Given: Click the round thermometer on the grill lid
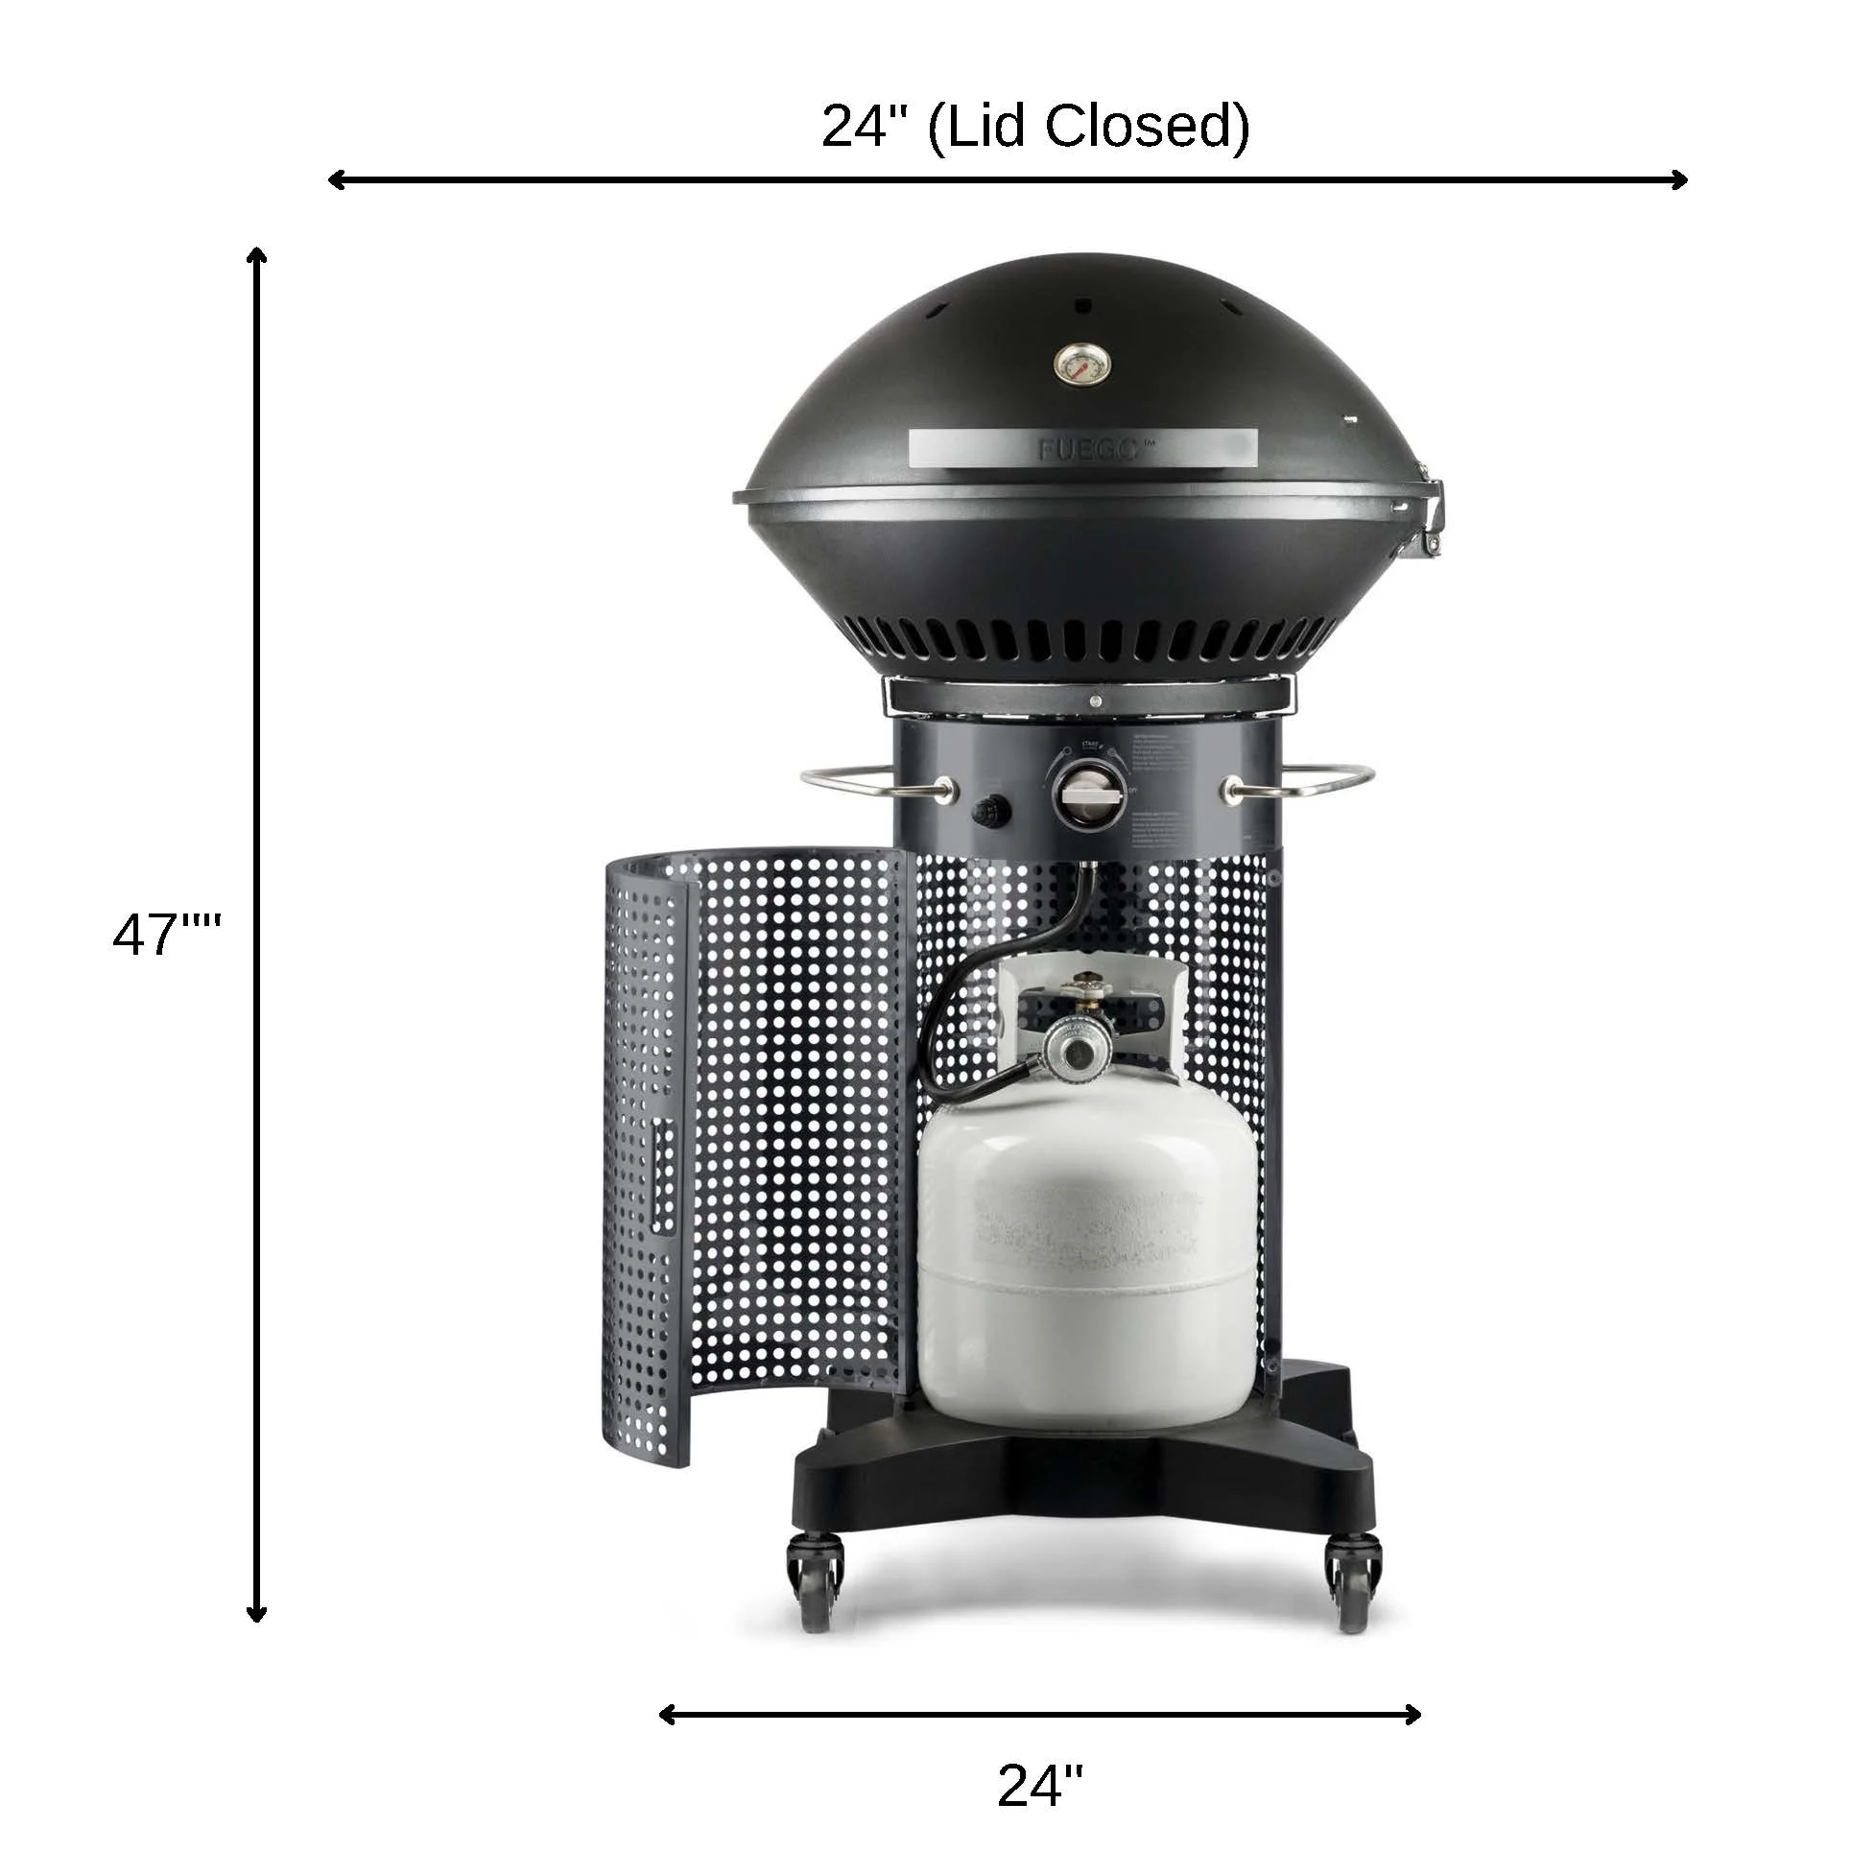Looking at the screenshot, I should (x=1082, y=364).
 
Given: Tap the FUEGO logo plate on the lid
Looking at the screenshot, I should (x=1083, y=448).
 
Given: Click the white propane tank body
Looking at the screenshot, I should (x=1085, y=1262).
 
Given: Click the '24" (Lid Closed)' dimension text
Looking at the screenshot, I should (x=1034, y=126).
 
